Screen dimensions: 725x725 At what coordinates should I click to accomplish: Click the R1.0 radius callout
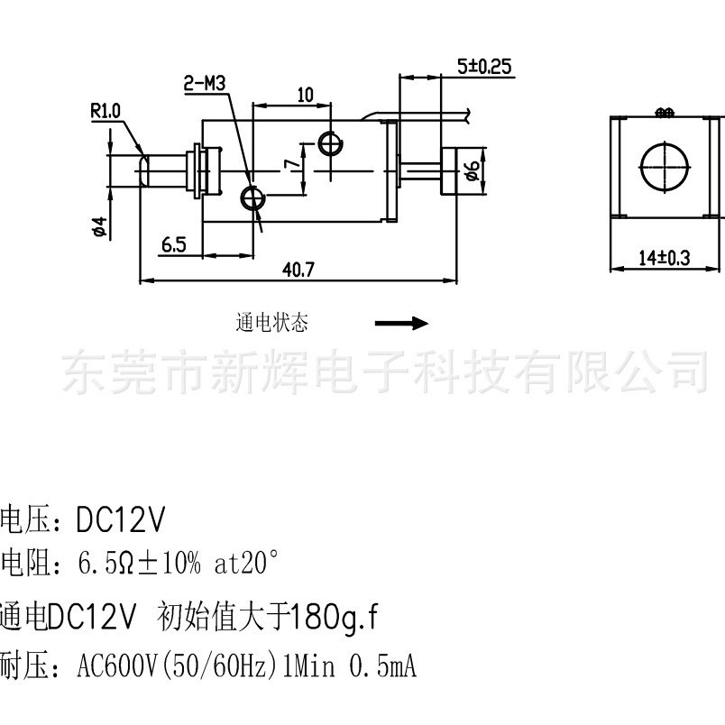pyautogui.click(x=106, y=111)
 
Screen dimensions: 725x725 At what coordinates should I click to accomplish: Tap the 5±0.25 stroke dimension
pyautogui.click(x=483, y=66)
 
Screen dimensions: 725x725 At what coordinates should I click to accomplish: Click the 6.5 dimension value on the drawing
pyautogui.click(x=173, y=243)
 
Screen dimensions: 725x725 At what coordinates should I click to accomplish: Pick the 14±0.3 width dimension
pyautogui.click(x=664, y=258)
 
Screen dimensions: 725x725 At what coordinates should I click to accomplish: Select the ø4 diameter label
pyautogui.click(x=99, y=226)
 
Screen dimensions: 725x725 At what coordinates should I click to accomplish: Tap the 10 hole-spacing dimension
pyautogui.click(x=304, y=95)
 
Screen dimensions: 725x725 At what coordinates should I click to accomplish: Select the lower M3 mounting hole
pyautogui.click(x=252, y=197)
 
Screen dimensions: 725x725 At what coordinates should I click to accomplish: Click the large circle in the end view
pyautogui.click(x=664, y=165)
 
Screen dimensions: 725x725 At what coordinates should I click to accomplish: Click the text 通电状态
pyautogui.click(x=271, y=323)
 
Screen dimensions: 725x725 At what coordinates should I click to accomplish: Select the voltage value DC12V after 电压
pyautogui.click(x=121, y=519)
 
